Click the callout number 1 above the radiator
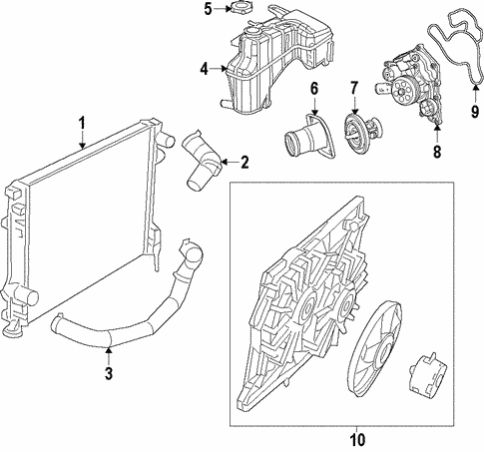pos(82,125)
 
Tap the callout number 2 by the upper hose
pos(244,161)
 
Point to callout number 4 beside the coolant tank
pos(203,69)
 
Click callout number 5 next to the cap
pos(208,10)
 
